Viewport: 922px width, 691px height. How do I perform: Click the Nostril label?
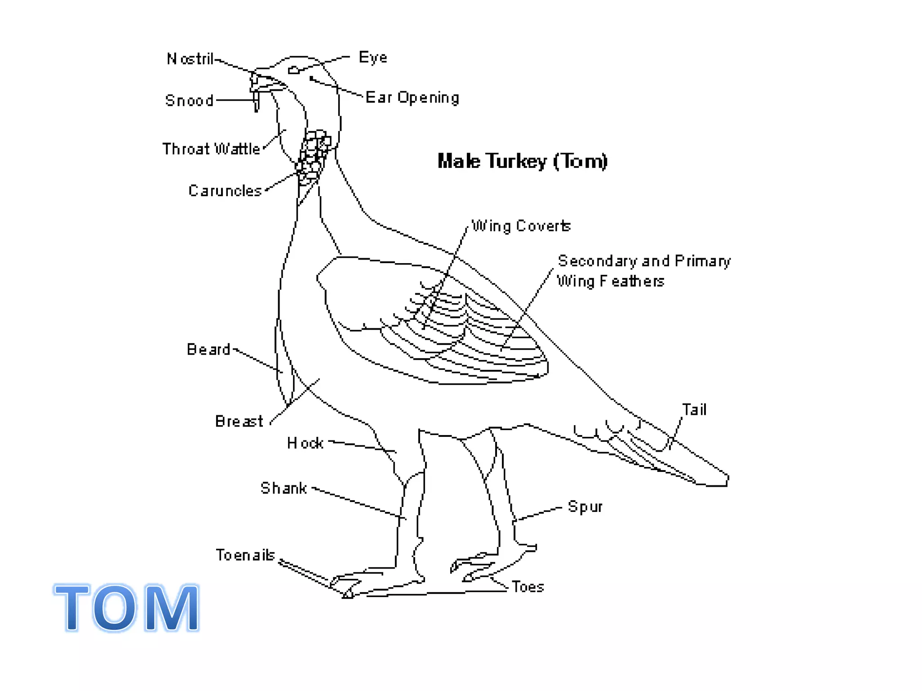click(x=190, y=59)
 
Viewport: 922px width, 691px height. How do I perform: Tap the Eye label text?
click(x=373, y=58)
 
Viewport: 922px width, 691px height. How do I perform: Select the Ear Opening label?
click(x=412, y=98)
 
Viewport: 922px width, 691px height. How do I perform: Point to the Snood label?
click(x=189, y=100)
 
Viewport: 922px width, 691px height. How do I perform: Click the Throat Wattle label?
click(x=211, y=149)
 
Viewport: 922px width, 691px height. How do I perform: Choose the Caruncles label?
click(x=225, y=191)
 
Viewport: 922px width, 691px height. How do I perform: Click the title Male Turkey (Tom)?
click(x=522, y=161)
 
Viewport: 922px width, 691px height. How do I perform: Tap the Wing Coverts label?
click(x=521, y=226)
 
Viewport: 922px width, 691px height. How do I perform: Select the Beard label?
click(x=208, y=350)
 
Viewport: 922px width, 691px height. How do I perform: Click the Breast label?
click(x=239, y=422)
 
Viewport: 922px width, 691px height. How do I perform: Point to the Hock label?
click(x=305, y=444)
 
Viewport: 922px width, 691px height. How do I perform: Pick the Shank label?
click(x=284, y=488)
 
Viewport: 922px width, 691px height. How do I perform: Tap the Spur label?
click(x=585, y=507)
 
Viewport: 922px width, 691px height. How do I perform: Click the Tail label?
click(x=694, y=410)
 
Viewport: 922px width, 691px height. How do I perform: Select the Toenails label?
click(x=245, y=555)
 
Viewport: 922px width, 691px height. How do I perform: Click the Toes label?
click(x=528, y=587)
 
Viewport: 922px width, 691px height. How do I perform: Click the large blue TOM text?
click(x=127, y=607)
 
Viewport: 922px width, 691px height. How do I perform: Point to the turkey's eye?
click(x=294, y=70)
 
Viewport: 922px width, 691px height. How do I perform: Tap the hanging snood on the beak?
click(x=257, y=101)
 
